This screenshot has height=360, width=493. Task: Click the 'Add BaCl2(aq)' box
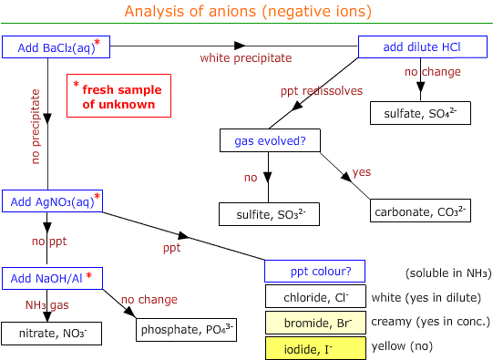click(52, 46)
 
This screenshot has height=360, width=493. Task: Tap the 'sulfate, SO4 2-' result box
click(420, 112)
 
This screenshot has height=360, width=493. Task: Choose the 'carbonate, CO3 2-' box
click(420, 211)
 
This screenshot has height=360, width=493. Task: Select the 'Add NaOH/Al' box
click(52, 277)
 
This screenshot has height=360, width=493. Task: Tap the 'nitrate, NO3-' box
click(52, 334)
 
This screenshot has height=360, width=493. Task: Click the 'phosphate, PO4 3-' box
click(186, 328)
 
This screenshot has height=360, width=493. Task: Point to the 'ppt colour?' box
click(314, 271)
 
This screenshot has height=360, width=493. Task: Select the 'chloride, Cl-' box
click(314, 296)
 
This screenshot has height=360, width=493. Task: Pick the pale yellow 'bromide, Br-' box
click(314, 322)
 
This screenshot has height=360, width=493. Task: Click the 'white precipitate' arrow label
click(246, 58)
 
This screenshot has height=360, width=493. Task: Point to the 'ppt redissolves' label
click(321, 91)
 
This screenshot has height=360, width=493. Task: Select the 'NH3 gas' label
click(47, 303)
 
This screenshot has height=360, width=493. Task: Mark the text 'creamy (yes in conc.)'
click(438, 322)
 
